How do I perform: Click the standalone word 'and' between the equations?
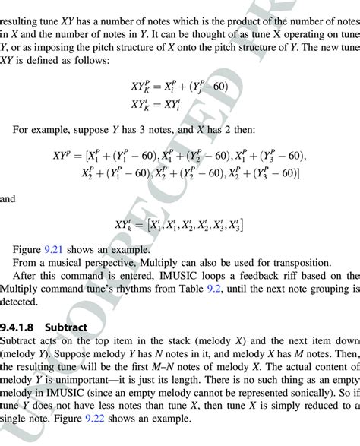click(9, 199)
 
